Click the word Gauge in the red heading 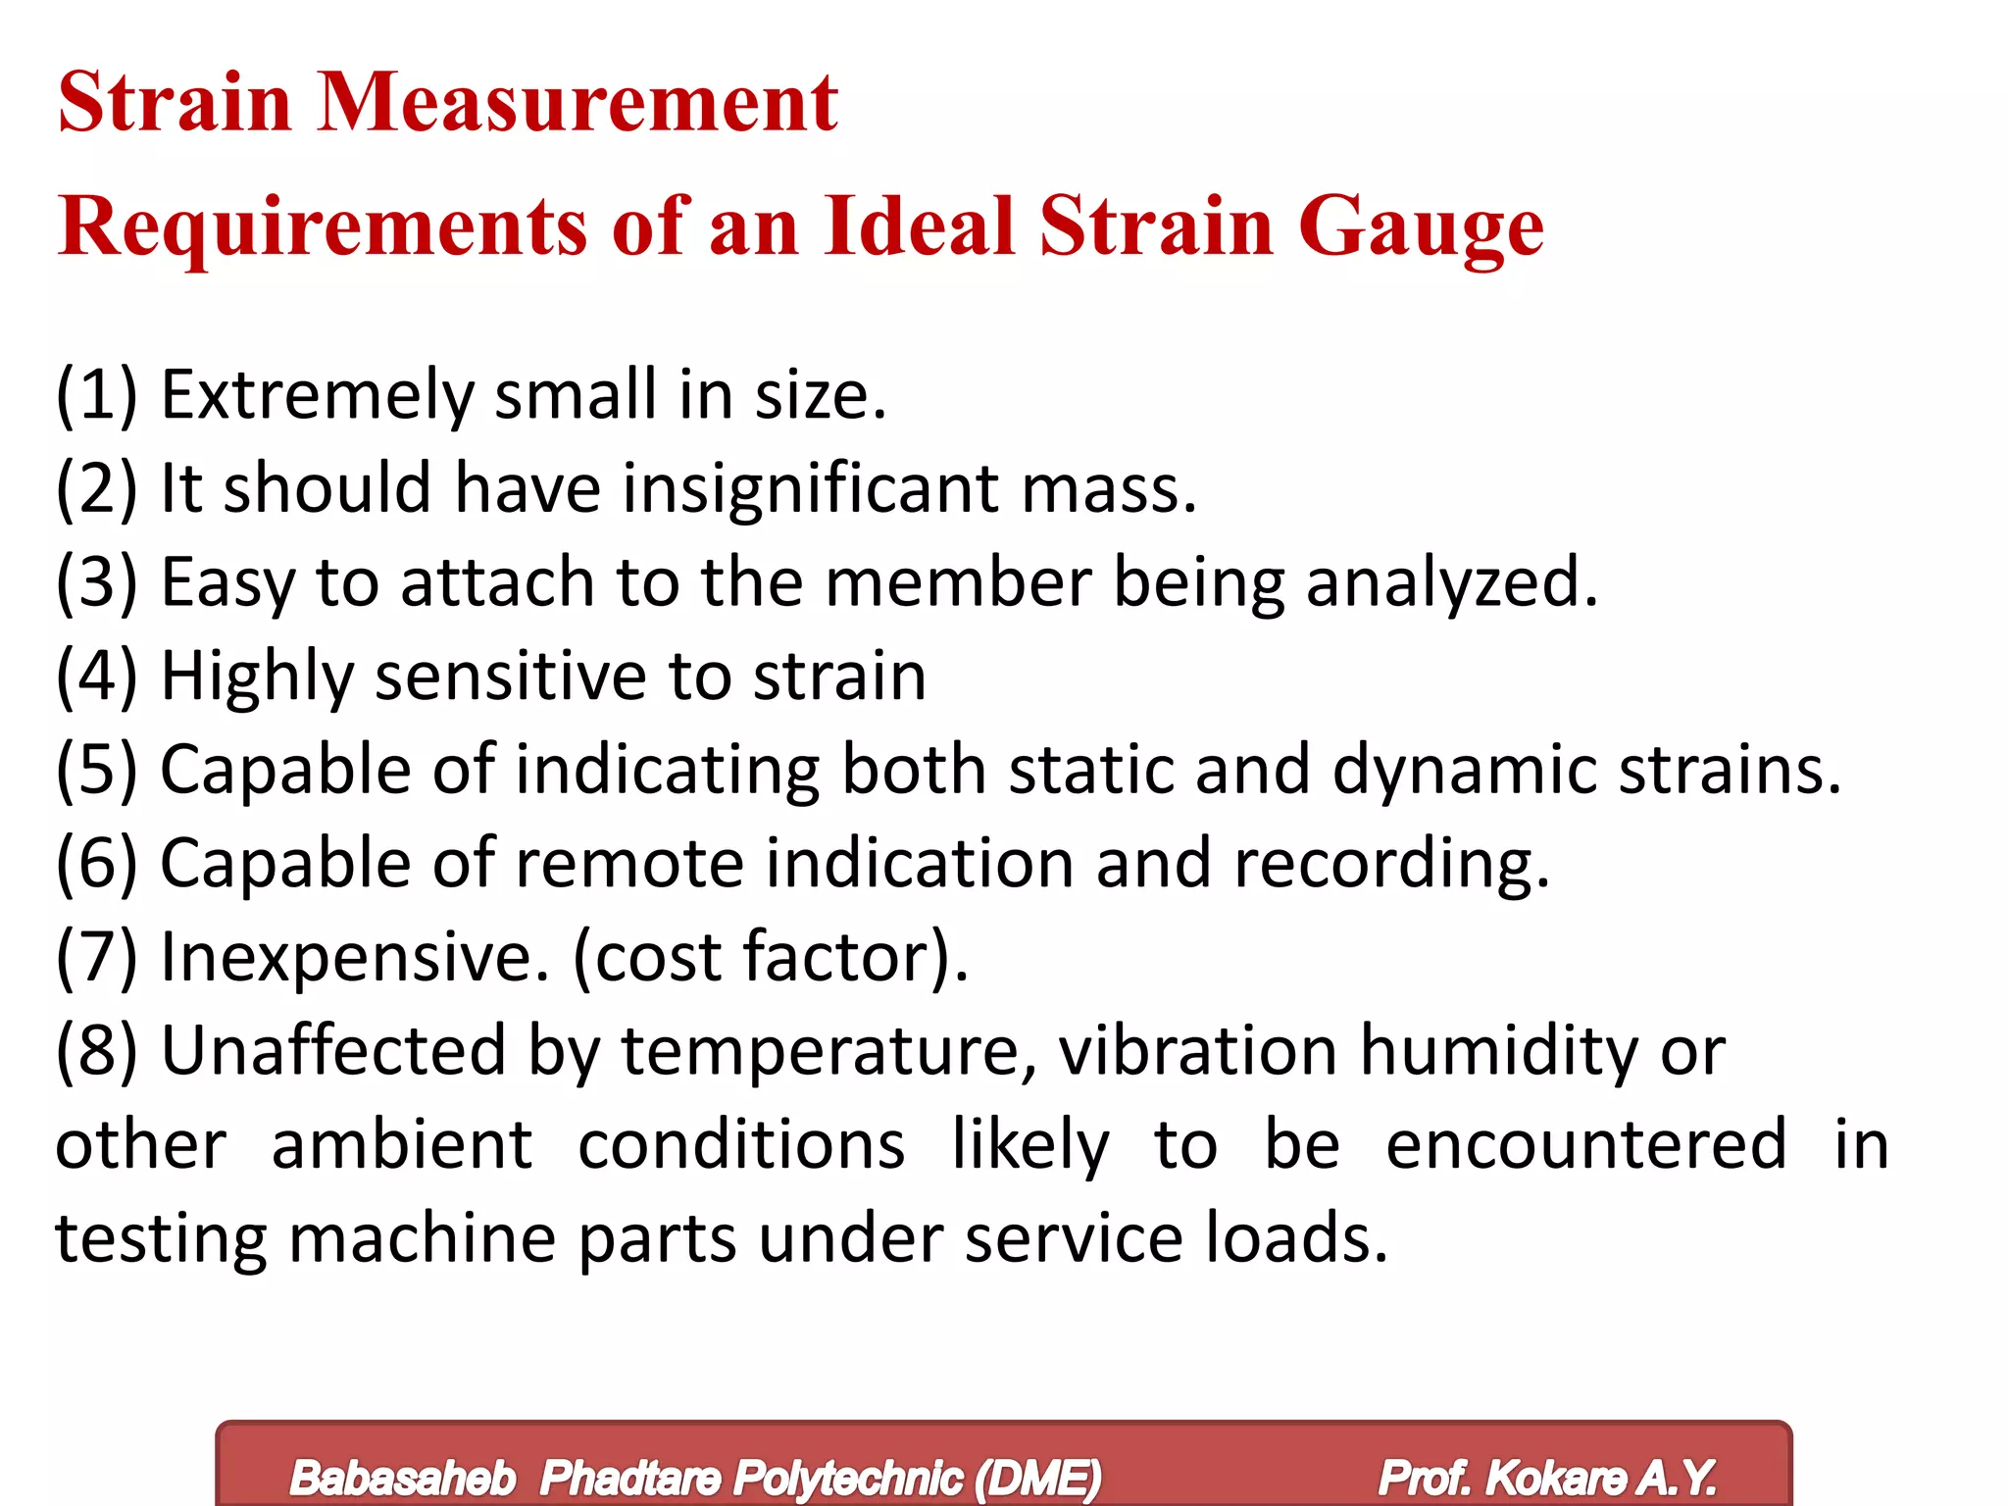(1421, 227)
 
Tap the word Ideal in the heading (919, 226)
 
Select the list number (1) (96, 395)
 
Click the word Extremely (317, 395)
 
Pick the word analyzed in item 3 (1451, 582)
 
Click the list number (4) (96, 677)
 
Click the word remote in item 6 (628, 863)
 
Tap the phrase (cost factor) (771, 957)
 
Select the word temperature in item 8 (829, 1051)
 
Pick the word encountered (1586, 1144)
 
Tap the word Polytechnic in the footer (847, 1478)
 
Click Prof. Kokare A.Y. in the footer (1547, 1478)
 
